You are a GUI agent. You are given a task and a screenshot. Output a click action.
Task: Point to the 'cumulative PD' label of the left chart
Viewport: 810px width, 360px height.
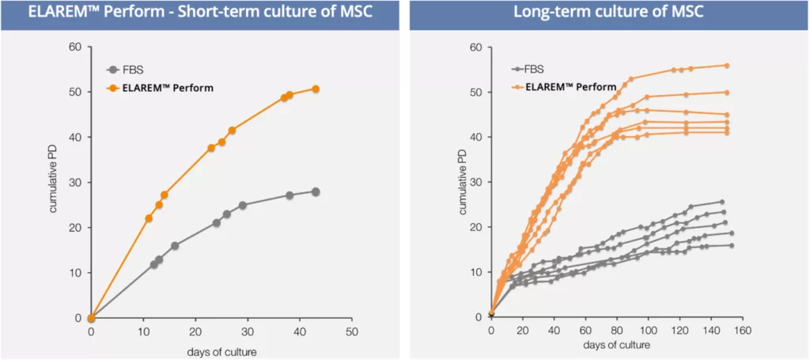[54, 183]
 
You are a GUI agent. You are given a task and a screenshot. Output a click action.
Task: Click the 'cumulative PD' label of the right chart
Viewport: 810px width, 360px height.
[463, 183]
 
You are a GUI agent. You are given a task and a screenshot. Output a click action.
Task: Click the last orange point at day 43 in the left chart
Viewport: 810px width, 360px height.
[315, 89]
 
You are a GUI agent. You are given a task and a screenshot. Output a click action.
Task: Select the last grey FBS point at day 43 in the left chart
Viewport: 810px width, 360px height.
[315, 191]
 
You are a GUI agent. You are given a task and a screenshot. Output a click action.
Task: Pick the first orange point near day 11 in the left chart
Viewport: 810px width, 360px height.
[149, 218]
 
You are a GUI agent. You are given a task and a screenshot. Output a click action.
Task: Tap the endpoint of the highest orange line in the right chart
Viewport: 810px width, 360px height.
[726, 66]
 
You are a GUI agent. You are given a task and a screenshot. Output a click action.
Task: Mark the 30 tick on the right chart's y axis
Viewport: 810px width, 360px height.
[477, 182]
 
